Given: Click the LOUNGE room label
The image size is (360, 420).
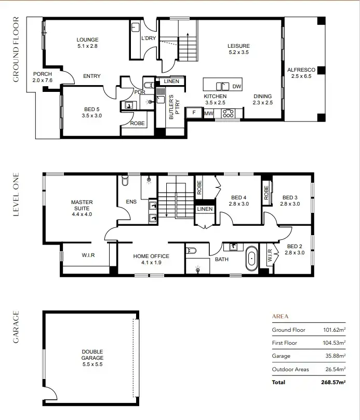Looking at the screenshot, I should point(87,40).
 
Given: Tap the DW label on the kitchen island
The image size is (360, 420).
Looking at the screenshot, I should point(236,86).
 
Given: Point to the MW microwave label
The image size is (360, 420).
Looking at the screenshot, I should point(208,113).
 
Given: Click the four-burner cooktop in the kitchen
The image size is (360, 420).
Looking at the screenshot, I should point(228,114).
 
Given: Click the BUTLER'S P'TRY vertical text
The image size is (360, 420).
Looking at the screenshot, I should point(173,107).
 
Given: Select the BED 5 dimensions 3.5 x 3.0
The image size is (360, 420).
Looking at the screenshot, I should point(93,116).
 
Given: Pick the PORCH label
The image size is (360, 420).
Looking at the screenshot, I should point(42,74).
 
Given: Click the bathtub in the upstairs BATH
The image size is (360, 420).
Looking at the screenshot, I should point(252,258).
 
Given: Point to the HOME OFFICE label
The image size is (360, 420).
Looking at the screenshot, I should point(151,256).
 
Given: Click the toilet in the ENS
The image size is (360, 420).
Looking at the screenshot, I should point(125,182).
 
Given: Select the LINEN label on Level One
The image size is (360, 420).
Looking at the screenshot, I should point(205,209).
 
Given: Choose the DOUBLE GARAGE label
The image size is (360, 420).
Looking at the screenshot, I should point(92,355).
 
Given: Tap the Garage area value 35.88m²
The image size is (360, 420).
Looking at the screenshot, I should point(334,356).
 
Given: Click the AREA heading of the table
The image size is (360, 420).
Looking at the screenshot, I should point(280,316).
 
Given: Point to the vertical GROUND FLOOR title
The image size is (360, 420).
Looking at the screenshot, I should point(16,50).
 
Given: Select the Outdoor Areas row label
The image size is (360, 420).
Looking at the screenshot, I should point(290,369).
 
